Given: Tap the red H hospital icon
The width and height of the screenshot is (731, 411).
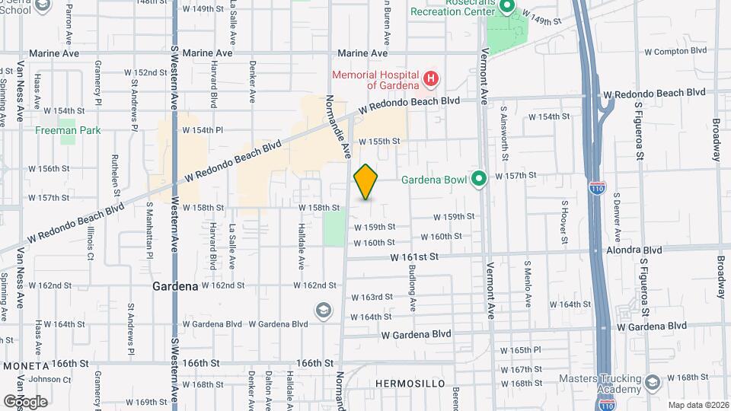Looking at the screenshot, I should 431,78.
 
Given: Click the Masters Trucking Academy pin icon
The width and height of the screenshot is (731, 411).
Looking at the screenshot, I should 652,382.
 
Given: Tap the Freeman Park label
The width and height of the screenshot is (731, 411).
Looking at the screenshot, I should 68,131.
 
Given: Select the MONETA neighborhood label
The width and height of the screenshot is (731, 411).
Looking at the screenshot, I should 25,365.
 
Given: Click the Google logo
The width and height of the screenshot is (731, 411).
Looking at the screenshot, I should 25,401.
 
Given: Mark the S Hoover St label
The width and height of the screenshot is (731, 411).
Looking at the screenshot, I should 564,222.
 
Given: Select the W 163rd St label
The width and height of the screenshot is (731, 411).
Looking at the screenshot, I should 372,297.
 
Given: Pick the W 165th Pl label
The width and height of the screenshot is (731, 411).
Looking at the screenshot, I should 520,349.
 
